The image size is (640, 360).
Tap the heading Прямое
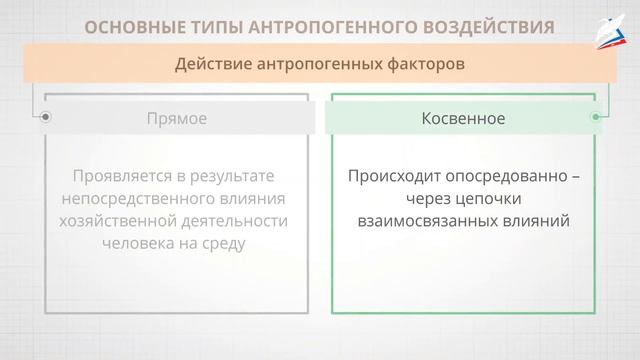[176, 118]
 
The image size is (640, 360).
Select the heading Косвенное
[463, 118]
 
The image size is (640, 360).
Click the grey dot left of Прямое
[45, 118]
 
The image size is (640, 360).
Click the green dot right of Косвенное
[595, 118]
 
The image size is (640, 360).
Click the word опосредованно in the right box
[493, 176]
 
